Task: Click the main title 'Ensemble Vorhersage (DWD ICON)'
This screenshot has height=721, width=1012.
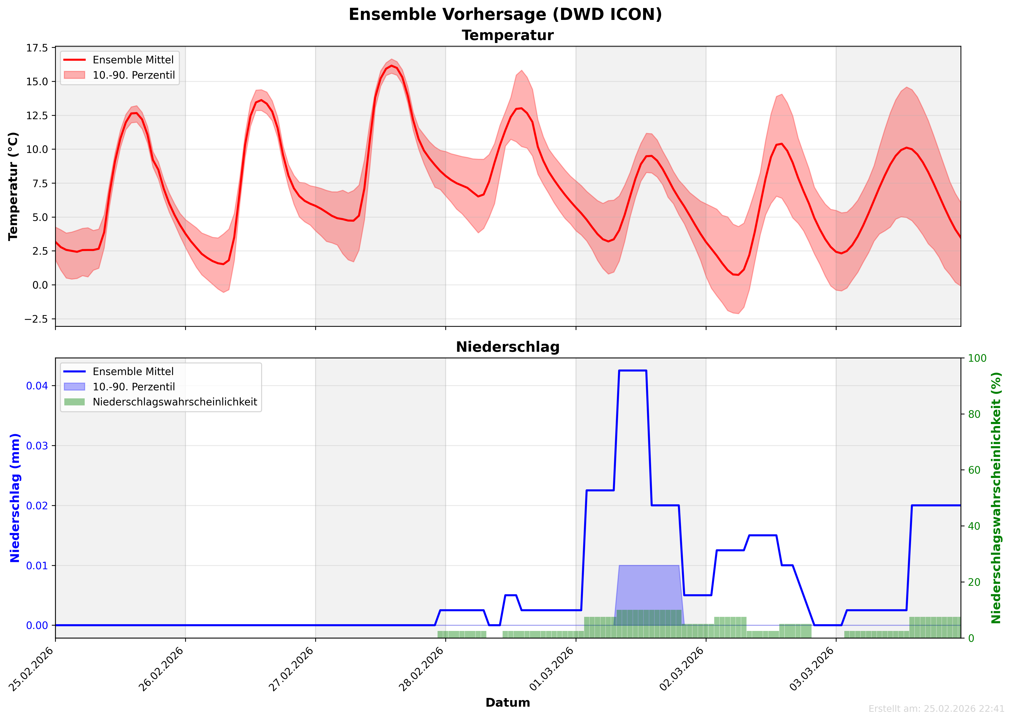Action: coord(505,15)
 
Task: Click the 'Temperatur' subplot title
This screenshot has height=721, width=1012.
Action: coord(507,35)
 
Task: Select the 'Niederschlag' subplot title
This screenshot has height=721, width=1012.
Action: coord(507,347)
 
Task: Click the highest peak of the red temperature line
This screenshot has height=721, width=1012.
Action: coord(391,66)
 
